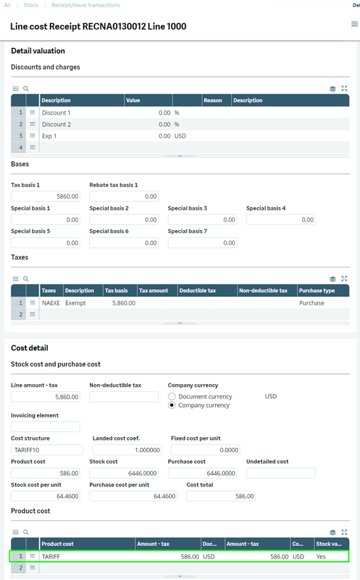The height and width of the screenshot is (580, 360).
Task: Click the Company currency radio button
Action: (172, 405)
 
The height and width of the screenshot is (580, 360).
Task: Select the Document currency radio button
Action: (172, 396)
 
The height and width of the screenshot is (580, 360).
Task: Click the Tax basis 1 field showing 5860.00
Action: (46, 196)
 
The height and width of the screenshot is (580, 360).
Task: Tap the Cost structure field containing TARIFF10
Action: (47, 450)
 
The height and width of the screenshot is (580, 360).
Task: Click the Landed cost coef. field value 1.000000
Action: (127, 450)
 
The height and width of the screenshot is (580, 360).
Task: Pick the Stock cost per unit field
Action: (47, 496)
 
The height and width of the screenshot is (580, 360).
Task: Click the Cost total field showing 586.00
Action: (221, 496)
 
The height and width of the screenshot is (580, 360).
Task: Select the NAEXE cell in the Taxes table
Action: (50, 303)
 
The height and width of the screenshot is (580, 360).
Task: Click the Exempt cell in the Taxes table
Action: (75, 303)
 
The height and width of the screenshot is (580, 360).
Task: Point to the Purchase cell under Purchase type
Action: (311, 303)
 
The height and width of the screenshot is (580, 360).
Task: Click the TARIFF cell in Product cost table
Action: (51, 556)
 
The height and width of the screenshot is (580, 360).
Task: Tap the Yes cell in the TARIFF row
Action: (321, 556)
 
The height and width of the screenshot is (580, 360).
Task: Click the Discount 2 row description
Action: (56, 124)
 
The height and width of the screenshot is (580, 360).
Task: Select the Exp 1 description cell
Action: (50, 136)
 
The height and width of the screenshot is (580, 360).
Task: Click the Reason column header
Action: (212, 100)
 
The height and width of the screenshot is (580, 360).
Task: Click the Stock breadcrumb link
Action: (31, 5)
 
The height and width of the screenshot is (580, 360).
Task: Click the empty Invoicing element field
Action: (46, 427)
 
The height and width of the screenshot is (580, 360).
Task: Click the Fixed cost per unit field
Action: (205, 450)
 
